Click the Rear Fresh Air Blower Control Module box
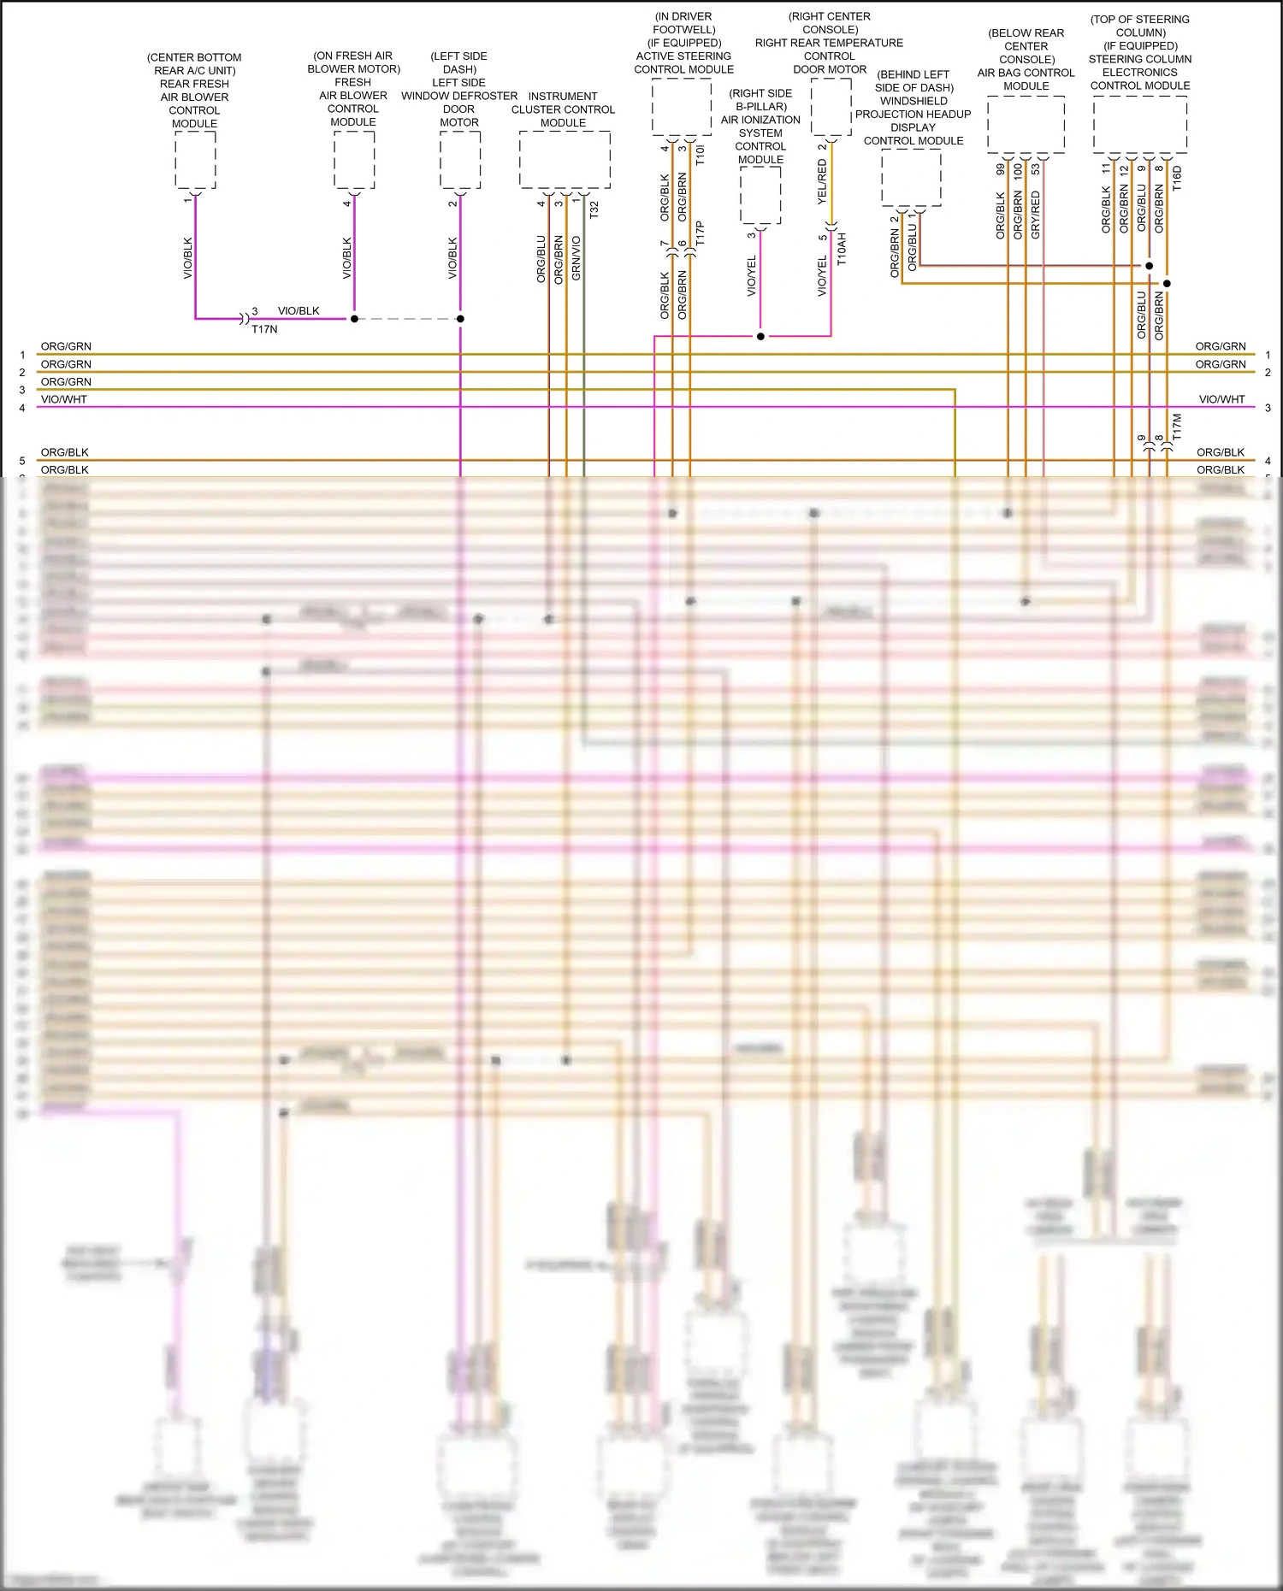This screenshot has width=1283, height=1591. pos(195,160)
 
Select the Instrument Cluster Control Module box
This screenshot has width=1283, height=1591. pos(565,160)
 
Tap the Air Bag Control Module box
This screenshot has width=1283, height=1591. pos(1026,125)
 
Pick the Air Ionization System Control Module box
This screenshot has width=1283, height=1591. pos(760,196)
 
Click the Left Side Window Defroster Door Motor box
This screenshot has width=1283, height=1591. pos(460,160)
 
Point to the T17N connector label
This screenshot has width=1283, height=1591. pos(264,329)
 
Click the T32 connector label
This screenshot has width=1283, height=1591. pos(594,209)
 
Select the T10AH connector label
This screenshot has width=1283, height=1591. pos(842,249)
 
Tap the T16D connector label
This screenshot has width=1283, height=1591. pos(1177,178)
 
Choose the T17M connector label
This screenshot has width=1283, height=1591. pos(1177,427)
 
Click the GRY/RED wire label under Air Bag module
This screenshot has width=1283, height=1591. pos(1036,215)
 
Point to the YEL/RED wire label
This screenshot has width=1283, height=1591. pos(823,181)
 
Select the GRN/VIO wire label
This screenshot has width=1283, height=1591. pos(576,258)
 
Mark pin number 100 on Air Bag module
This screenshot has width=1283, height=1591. pos(1018,170)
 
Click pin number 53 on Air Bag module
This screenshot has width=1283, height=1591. pos(1036,169)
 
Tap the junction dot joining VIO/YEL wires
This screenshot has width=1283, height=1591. pos(760,336)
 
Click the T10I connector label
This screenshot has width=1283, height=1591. pos(701,155)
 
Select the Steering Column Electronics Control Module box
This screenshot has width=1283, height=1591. pos(1139,125)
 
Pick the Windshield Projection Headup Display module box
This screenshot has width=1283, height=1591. pos(912,178)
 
